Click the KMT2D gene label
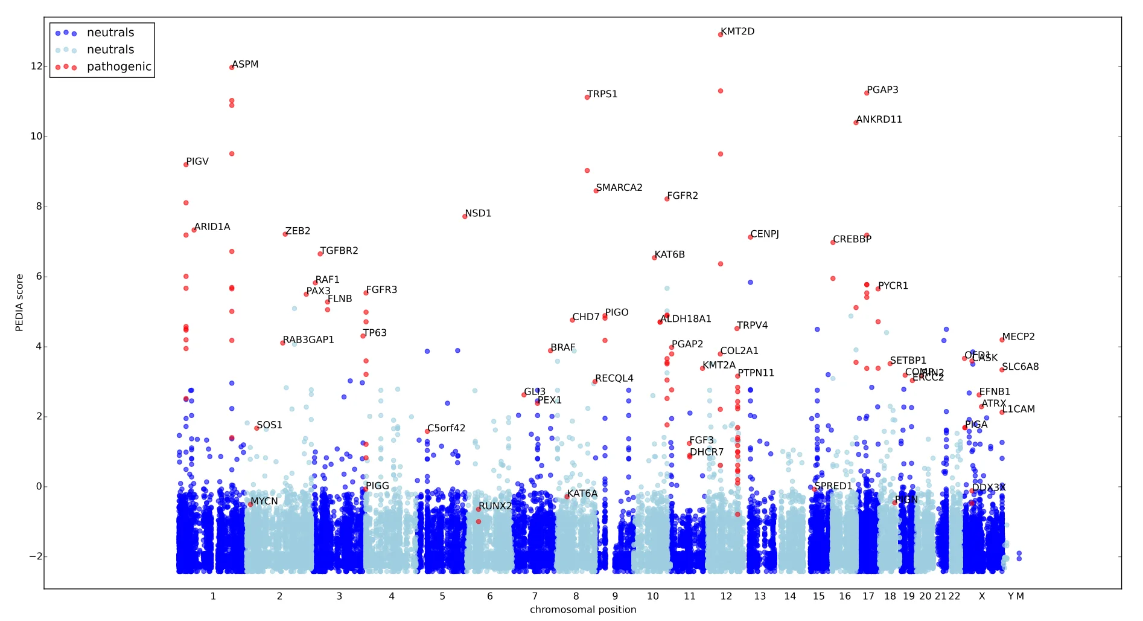[x=737, y=31]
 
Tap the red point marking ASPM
[x=232, y=68]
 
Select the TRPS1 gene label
[x=602, y=94]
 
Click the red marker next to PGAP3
[x=867, y=93]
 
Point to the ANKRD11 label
[x=879, y=120]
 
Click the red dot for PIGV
[x=186, y=165]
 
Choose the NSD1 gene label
[x=478, y=213]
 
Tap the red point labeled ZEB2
[x=285, y=234]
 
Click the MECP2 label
[x=1019, y=336]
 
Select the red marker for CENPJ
[x=750, y=237]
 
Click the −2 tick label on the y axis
[x=35, y=556]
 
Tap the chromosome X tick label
[x=982, y=596]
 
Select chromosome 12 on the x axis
[x=726, y=596]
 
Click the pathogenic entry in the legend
[x=119, y=66]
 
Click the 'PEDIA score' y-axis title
[x=19, y=303]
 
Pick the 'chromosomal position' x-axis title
[x=583, y=610]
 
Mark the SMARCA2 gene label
[x=619, y=188]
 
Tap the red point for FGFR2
[x=667, y=199]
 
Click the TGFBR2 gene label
[x=339, y=251]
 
